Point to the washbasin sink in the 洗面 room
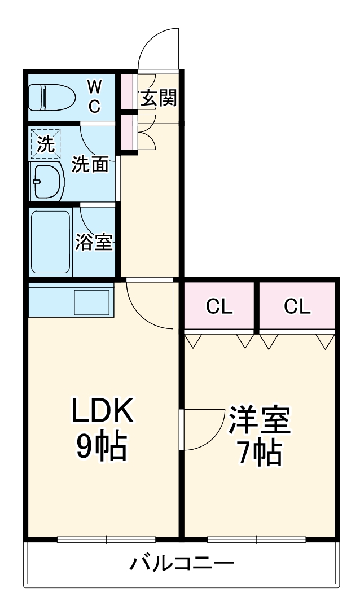[x=47, y=181]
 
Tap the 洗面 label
[x=90, y=164]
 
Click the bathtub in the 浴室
[x=51, y=243]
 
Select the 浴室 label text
[x=94, y=243]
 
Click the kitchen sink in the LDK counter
[x=91, y=302]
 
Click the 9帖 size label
[x=102, y=446]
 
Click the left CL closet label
[x=219, y=306]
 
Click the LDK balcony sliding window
[x=106, y=539]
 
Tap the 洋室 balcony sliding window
[x=257, y=539]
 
